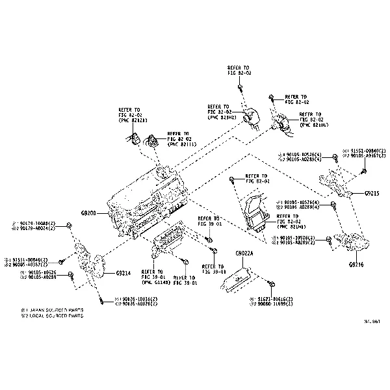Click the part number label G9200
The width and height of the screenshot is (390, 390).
pos(88,213)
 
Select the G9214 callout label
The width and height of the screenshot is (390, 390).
pos(123,273)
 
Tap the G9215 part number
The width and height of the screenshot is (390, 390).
pos(372,193)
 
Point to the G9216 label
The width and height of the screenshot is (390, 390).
pos(356,265)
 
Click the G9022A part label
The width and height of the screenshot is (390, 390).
pos(245,253)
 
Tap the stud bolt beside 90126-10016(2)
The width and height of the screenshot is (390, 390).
pos(101,300)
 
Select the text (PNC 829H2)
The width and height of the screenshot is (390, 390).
pos(222,118)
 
